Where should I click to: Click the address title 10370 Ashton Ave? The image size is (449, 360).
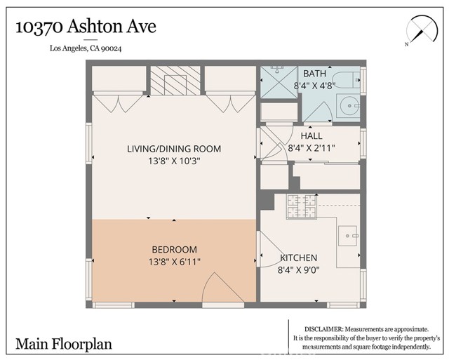pyautogui.click(x=86, y=26)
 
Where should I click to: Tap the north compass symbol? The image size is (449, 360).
pyautogui.click(x=419, y=31)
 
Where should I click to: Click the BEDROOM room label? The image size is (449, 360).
pyautogui.click(x=174, y=249)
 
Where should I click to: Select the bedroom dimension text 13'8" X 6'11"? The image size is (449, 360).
pyautogui.click(x=174, y=262)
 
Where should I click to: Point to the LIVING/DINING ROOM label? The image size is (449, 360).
pyautogui.click(x=174, y=149)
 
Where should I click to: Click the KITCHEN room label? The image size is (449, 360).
pyautogui.click(x=299, y=258)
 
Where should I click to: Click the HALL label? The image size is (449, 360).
pyautogui.click(x=311, y=135)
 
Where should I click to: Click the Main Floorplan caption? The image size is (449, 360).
pyautogui.click(x=64, y=344)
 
